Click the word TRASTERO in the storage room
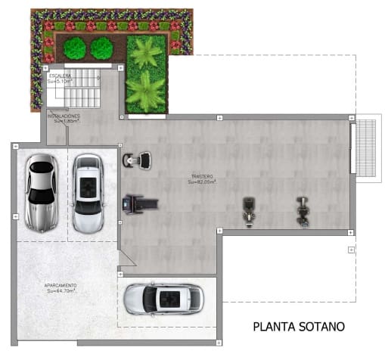(202, 176)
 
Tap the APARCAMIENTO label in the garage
(61, 285)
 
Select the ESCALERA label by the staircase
(60, 76)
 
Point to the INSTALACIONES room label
(64, 116)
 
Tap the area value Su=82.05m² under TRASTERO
(202, 182)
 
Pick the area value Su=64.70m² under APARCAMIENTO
(61, 290)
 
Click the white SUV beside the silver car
(88, 194)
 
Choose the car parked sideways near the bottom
(163, 298)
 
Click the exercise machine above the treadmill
(137, 160)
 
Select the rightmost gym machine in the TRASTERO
(303, 210)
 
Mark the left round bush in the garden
(74, 49)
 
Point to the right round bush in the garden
(101, 49)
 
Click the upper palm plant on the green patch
(147, 53)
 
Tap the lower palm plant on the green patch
(147, 92)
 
